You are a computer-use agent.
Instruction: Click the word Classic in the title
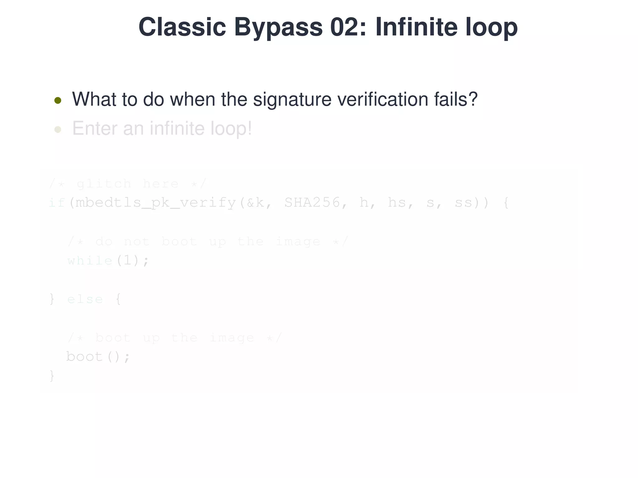click(182, 27)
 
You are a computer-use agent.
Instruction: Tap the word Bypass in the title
click(278, 27)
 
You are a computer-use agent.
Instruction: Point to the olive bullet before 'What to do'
click(58, 100)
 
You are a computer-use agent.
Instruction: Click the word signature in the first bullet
click(292, 100)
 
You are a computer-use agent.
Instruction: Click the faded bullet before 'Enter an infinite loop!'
click(58, 129)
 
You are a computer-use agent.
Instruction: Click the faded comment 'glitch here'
click(127, 184)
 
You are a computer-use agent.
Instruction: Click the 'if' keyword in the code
click(57, 203)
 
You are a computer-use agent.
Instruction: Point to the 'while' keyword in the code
click(90, 260)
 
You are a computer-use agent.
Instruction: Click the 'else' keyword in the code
click(85, 299)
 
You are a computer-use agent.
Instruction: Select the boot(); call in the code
click(98, 357)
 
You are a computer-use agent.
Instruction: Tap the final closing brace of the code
click(52, 376)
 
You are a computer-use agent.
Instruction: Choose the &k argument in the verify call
click(255, 203)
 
